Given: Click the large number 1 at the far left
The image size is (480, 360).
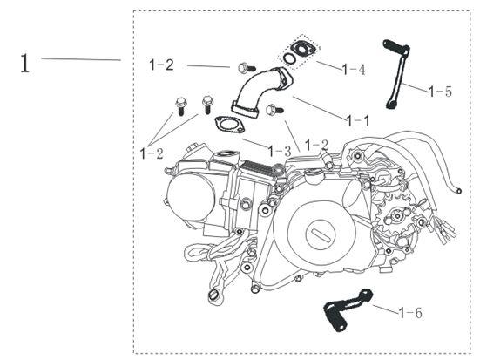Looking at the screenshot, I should pos(25,63).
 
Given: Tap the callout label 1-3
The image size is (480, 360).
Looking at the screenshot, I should pos(278,151).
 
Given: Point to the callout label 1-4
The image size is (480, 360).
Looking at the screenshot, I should pos(352,69).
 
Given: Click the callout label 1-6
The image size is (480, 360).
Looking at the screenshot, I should pos(411,311).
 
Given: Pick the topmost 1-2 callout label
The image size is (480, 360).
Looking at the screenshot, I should pos(161,65).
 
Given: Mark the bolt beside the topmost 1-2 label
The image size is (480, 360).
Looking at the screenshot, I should pos(241,66).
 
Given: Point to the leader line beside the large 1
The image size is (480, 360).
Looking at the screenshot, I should pos(80,58).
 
